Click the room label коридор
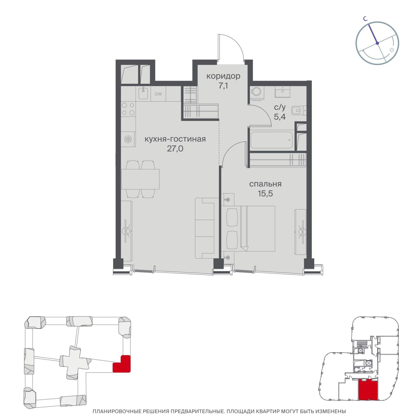[223, 76]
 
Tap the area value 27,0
[175, 148]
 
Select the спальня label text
[265, 184]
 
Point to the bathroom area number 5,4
[280, 117]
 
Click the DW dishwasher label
[158, 94]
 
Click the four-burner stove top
[128, 109]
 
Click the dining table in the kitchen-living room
[140, 179]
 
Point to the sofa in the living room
[205, 228]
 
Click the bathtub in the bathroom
[272, 140]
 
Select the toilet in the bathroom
[299, 110]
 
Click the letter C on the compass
[365, 19]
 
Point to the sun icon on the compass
[392, 50]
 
